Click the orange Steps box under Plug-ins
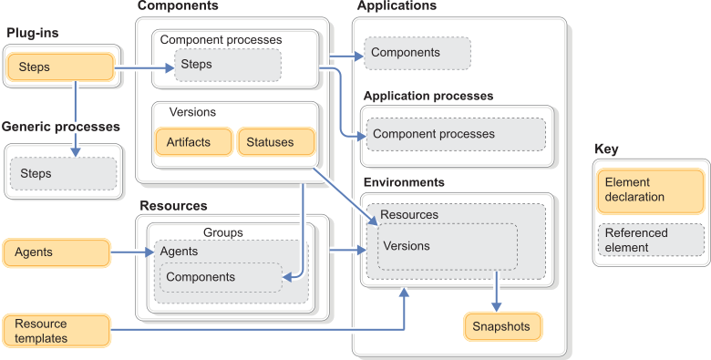pyautogui.click(x=59, y=67)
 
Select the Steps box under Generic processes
pyautogui.click(x=63, y=173)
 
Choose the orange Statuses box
pyautogui.click(x=275, y=142)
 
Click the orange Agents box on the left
pyautogui.click(x=57, y=252)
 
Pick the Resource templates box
pyautogui.click(x=57, y=331)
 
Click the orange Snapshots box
pyautogui.click(x=502, y=326)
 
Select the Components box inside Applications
pyautogui.click(x=417, y=53)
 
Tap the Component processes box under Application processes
pyautogui.click(x=454, y=134)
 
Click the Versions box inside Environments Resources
pyautogui.click(x=448, y=246)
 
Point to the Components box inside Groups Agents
pyautogui.click(x=221, y=277)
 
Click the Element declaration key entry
pyautogui.click(x=649, y=190)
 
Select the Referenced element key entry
pyautogui.click(x=649, y=240)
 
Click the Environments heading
pyautogui.click(x=404, y=182)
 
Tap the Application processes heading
pyautogui.click(x=428, y=96)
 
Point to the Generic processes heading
pyautogui.click(x=60, y=127)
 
